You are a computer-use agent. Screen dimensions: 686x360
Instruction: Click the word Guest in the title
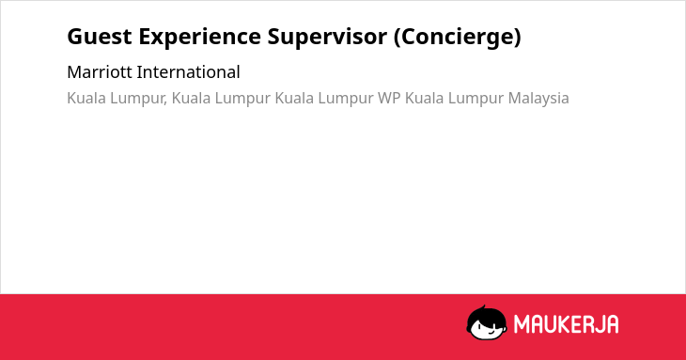click(100, 37)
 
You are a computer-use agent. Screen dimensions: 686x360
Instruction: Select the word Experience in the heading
click(200, 38)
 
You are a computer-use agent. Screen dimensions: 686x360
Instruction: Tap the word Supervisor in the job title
click(327, 38)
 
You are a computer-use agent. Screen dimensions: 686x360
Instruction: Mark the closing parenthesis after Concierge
click(518, 38)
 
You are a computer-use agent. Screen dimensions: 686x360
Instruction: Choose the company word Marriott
click(100, 72)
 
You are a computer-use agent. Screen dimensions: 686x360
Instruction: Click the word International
click(189, 72)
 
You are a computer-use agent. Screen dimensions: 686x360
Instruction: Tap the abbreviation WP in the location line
click(389, 98)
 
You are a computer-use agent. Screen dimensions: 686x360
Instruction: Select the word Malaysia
click(538, 99)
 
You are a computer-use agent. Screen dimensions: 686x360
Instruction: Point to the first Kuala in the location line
click(86, 98)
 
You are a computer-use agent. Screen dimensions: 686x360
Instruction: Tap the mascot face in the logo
click(487, 323)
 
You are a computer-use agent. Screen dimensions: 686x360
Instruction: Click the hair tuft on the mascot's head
click(483, 307)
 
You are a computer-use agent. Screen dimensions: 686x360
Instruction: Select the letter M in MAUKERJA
click(521, 324)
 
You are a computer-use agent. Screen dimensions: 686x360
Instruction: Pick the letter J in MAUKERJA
click(599, 324)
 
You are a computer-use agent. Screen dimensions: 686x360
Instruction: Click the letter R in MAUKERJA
click(586, 324)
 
